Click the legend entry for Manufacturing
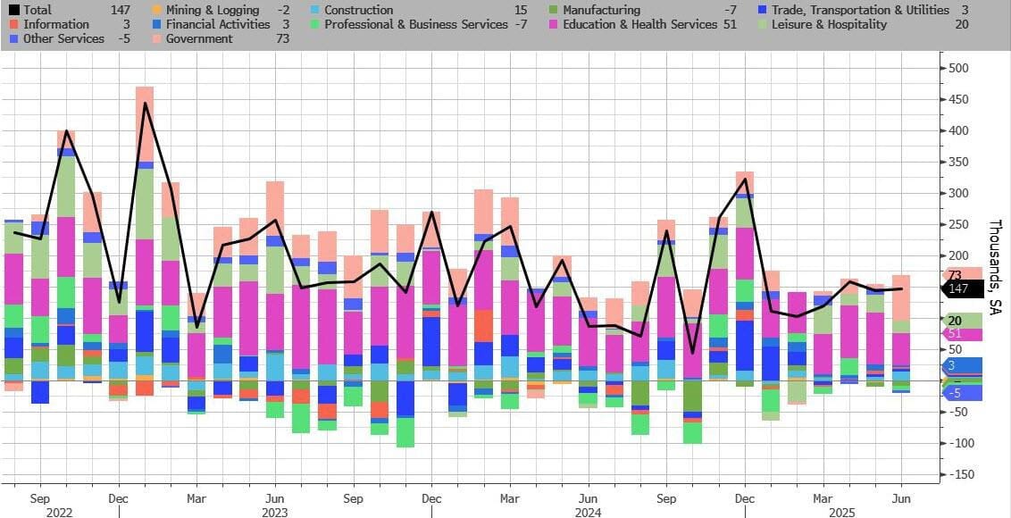click(x=601, y=10)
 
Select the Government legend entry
click(x=199, y=38)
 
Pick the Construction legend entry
click(x=358, y=10)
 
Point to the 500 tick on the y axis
click(x=958, y=69)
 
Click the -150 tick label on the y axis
click(x=960, y=474)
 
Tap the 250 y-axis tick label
click(x=958, y=224)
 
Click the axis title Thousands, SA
click(x=995, y=268)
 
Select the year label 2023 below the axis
click(x=275, y=513)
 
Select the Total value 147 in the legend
click(x=120, y=10)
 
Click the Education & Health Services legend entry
click(x=639, y=24)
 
